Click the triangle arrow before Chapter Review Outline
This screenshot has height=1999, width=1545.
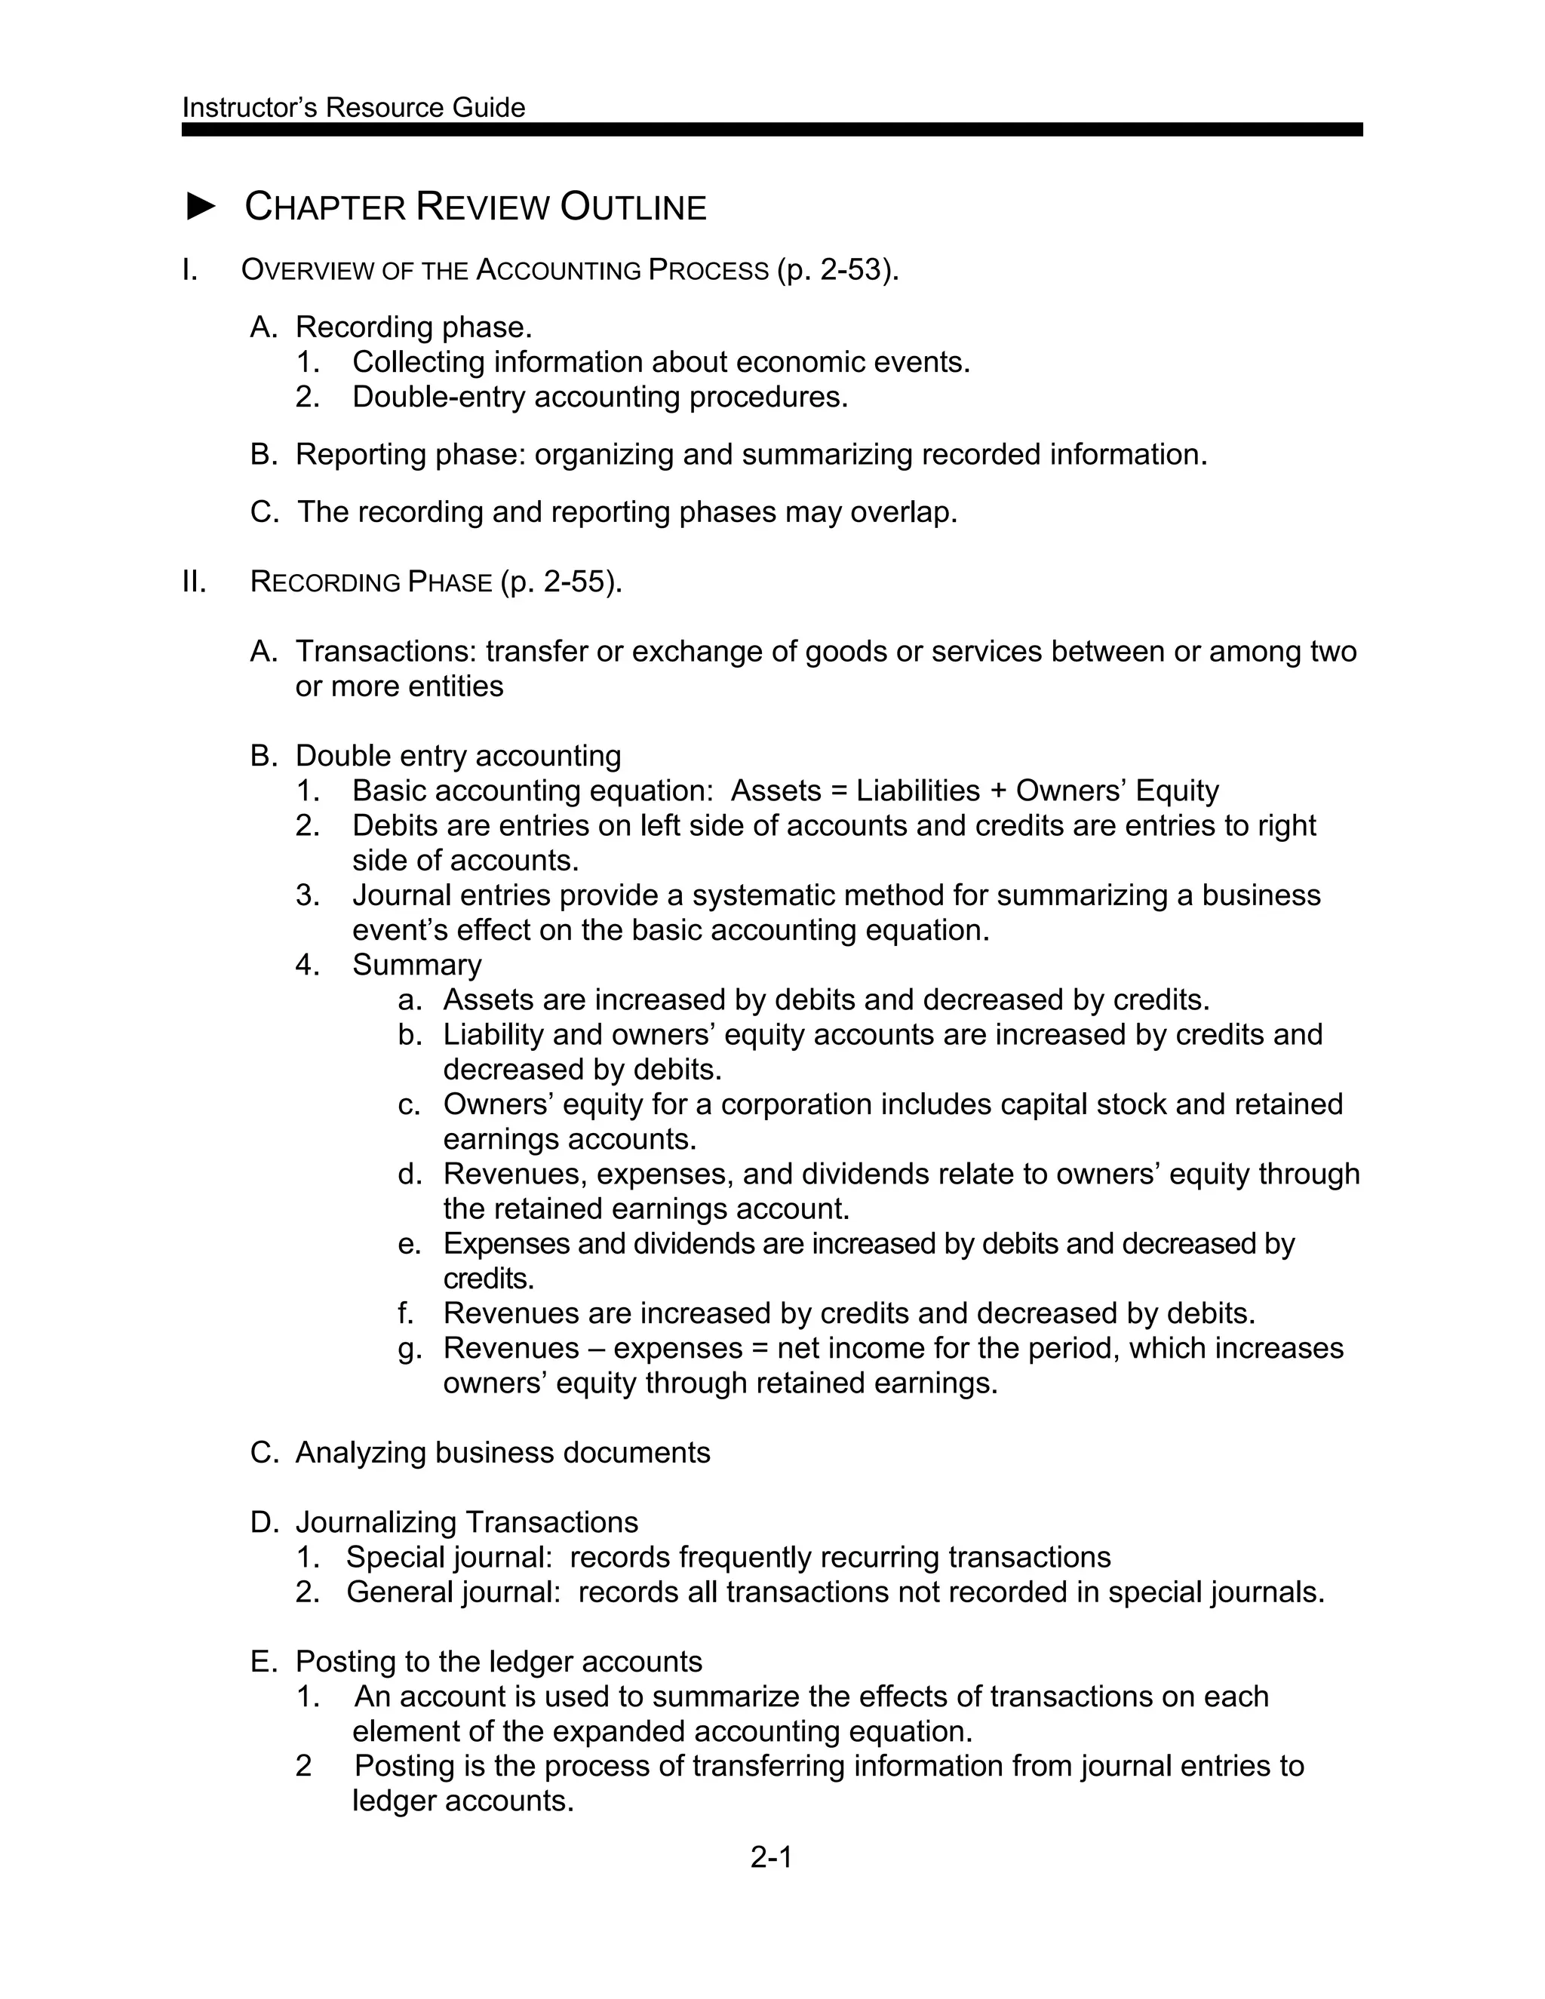tap(201, 207)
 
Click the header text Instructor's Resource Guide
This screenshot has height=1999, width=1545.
tap(353, 108)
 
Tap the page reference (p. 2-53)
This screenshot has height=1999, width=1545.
tap(837, 270)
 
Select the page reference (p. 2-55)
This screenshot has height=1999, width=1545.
tap(561, 582)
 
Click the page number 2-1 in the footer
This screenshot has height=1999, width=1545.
tap(771, 1857)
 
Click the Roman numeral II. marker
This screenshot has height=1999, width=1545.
tap(194, 582)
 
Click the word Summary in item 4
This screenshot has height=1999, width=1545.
tap(416, 965)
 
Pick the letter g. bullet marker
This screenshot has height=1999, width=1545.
tap(409, 1348)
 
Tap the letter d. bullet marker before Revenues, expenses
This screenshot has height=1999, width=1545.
tap(409, 1175)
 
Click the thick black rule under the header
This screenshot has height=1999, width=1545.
tap(772, 130)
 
